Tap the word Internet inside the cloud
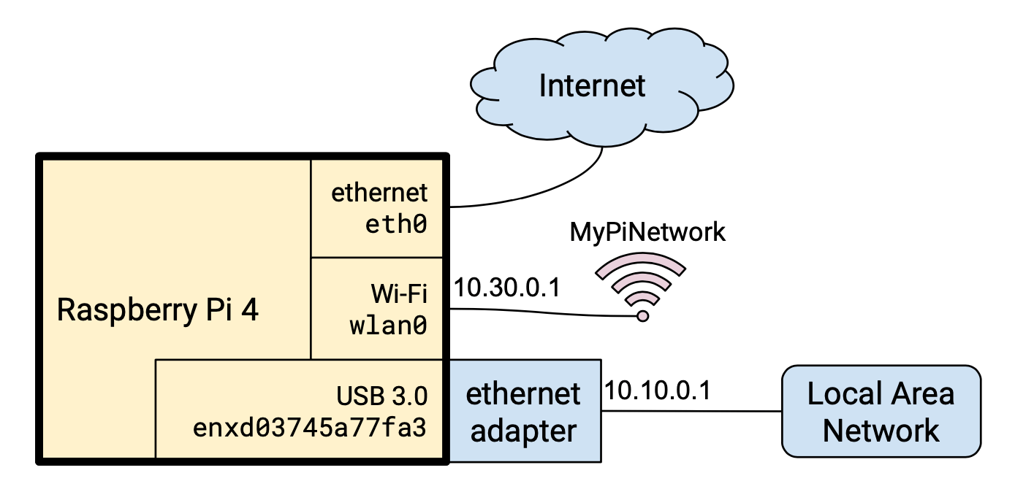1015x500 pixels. point(592,85)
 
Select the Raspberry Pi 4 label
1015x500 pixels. point(158,310)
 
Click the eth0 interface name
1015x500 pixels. point(395,224)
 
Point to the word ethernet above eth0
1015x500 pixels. point(379,193)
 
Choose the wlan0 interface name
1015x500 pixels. point(387,326)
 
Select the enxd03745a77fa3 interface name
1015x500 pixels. point(309,428)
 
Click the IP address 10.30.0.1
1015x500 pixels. point(506,288)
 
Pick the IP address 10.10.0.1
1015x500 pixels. point(658,391)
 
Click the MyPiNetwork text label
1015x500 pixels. point(647,232)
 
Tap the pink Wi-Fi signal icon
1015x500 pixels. point(641,281)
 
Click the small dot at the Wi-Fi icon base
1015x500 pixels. point(642,315)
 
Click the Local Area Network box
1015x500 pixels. point(881,411)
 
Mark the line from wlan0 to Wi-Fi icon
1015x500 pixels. point(541,312)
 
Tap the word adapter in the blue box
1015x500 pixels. point(523,431)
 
